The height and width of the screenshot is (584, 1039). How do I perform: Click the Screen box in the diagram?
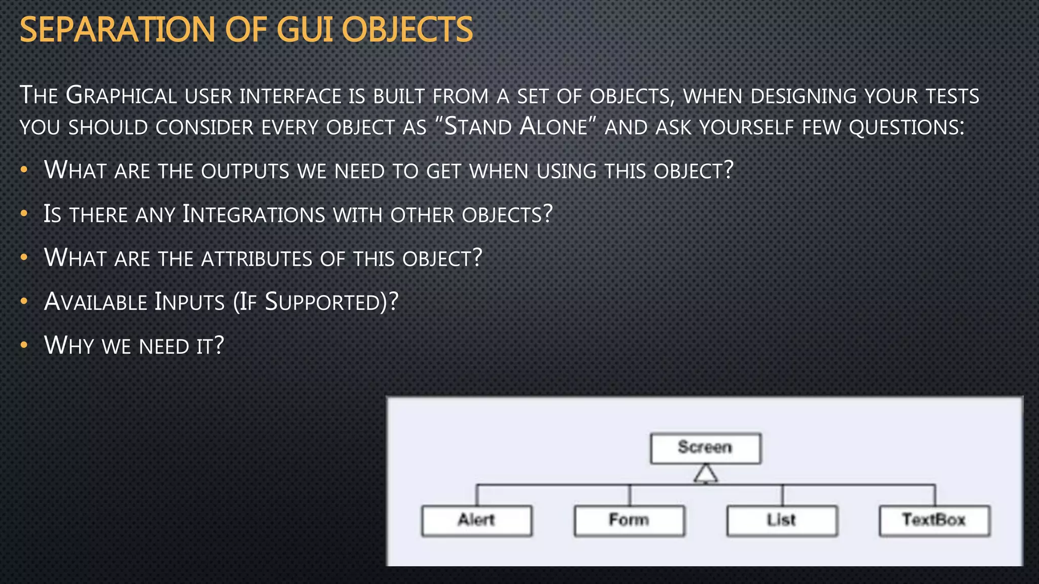click(x=705, y=448)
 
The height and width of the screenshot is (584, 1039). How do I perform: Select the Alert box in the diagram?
click(x=476, y=521)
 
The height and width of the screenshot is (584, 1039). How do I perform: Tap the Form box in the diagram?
click(x=629, y=521)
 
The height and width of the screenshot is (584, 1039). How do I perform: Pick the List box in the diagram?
click(x=782, y=521)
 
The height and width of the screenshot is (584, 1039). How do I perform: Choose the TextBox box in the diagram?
click(x=934, y=521)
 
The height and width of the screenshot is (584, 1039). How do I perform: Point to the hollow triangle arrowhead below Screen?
click(x=706, y=474)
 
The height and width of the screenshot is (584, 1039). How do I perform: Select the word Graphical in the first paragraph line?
click(x=121, y=96)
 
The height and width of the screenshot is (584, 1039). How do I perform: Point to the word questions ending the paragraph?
click(x=906, y=127)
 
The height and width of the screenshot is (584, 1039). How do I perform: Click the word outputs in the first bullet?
click(x=245, y=171)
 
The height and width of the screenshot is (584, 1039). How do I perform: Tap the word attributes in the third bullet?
click(x=257, y=259)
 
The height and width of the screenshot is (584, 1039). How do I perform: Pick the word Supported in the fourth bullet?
click(x=323, y=302)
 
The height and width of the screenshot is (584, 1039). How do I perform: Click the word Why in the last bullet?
click(x=69, y=346)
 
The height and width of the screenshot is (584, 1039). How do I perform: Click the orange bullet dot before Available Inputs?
click(x=24, y=302)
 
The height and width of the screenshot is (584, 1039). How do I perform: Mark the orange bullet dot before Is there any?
click(x=24, y=214)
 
